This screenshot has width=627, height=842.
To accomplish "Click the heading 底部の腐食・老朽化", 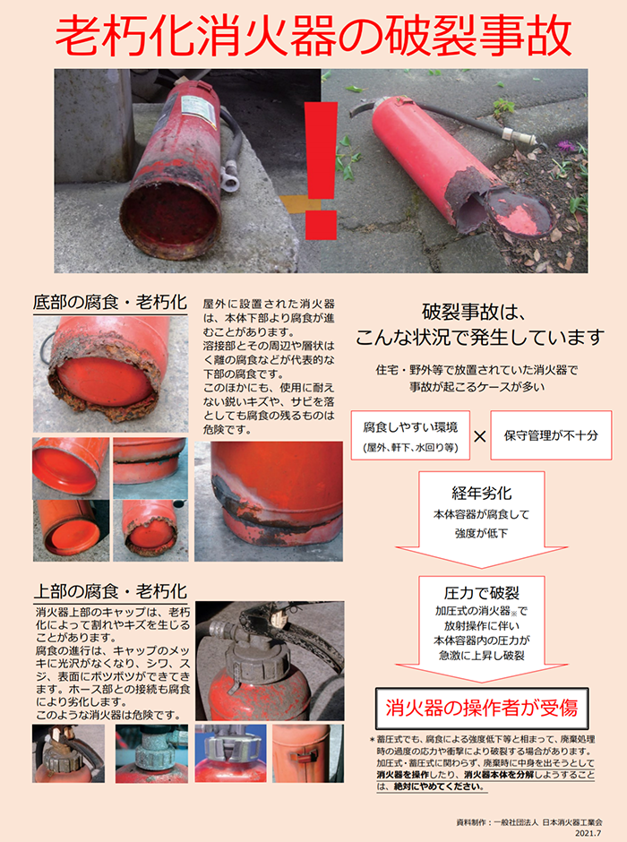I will (x=109, y=301).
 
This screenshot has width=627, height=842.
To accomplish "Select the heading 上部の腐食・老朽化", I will (x=109, y=591).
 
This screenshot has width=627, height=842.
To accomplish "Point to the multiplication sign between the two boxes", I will (x=480, y=436).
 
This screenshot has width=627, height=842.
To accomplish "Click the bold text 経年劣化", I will (x=481, y=494).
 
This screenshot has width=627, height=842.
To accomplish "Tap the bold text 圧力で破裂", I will (x=481, y=593).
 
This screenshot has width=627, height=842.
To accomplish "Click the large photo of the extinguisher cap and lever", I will (x=269, y=658).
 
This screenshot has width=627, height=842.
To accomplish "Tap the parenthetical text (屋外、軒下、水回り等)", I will (x=410, y=446).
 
